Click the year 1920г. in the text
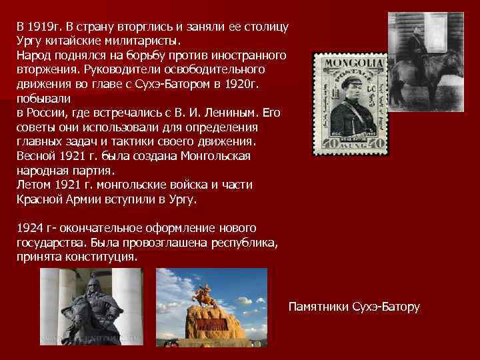pos(243,84)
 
